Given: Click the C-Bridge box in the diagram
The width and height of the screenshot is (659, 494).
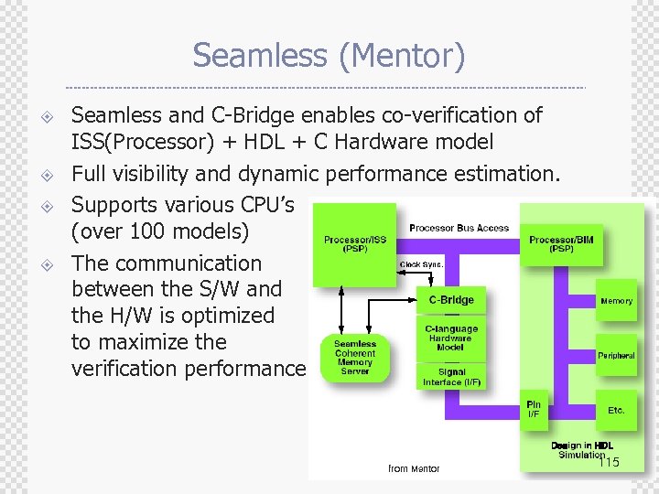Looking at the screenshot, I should [451, 299].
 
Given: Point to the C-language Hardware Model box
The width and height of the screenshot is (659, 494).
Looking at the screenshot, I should [451, 338].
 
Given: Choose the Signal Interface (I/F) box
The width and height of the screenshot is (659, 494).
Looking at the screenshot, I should [451, 377].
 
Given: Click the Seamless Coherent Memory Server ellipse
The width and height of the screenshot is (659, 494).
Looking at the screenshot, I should [355, 357].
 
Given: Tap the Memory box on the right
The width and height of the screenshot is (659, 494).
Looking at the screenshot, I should [616, 300].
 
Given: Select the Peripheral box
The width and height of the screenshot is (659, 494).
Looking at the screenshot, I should [616, 356].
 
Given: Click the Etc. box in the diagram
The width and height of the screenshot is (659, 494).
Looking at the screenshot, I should [616, 410].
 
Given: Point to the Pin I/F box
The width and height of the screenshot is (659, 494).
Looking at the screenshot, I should [534, 409].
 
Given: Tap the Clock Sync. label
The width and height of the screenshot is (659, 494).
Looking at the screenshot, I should [421, 264].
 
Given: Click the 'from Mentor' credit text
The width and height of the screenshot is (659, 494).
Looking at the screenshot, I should [414, 468].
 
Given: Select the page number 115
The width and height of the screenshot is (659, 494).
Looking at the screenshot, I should [608, 463].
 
